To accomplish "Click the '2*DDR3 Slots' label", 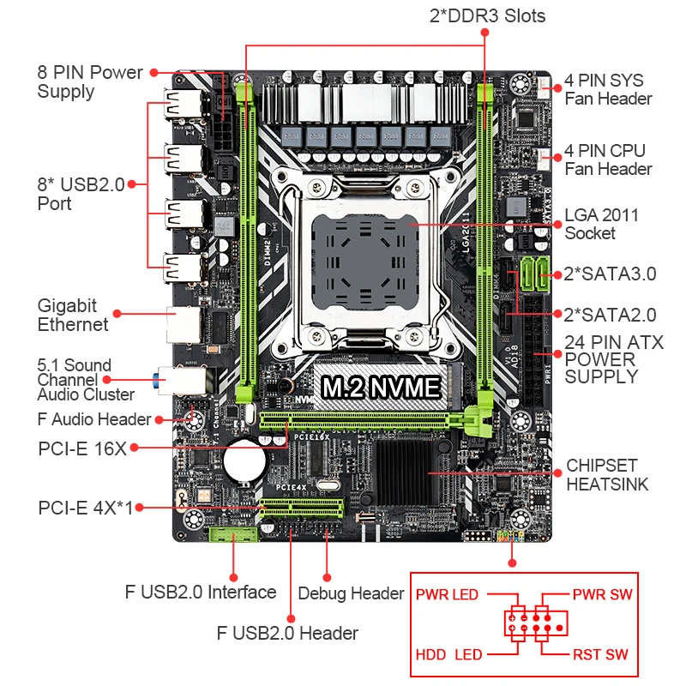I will (x=487, y=15).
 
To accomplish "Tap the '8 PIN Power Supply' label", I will (x=89, y=81).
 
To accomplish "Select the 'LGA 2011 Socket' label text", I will (x=601, y=224).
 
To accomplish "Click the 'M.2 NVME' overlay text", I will (x=381, y=387).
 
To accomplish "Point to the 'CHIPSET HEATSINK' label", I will (x=607, y=475).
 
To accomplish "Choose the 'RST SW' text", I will (x=600, y=654).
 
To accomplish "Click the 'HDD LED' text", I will (x=448, y=654).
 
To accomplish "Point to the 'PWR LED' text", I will (x=447, y=594).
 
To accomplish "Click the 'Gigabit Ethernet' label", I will (x=73, y=315).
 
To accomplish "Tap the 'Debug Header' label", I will (x=351, y=593).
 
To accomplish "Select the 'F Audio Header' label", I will (x=94, y=419).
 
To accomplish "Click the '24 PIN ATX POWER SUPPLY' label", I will (x=613, y=359).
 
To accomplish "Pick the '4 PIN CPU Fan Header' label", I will (x=608, y=160).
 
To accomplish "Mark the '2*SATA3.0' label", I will (x=610, y=274).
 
